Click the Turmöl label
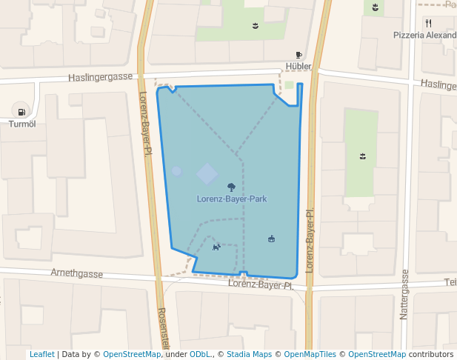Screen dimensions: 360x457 tap(21, 124)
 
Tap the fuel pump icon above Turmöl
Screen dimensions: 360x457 tap(21, 113)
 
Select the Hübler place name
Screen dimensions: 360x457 tap(298, 66)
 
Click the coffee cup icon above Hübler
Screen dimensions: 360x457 tap(298, 55)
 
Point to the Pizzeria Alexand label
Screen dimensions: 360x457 tap(424, 35)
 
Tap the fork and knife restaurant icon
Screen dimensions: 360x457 tap(428, 23)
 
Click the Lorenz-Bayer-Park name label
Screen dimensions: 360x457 tap(232, 199)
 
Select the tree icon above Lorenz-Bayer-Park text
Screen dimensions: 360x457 tap(232, 187)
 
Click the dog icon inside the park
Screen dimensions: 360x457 tap(216, 247)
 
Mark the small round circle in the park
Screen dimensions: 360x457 tap(176, 171)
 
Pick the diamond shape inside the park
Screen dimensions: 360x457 tap(207, 174)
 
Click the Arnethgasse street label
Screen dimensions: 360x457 tap(76, 273)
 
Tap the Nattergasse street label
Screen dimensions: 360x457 tap(404, 294)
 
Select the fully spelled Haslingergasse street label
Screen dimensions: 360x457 tap(100, 77)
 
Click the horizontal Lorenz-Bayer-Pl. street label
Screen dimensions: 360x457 tap(261, 284)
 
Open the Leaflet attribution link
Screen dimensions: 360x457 tap(41, 354)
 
